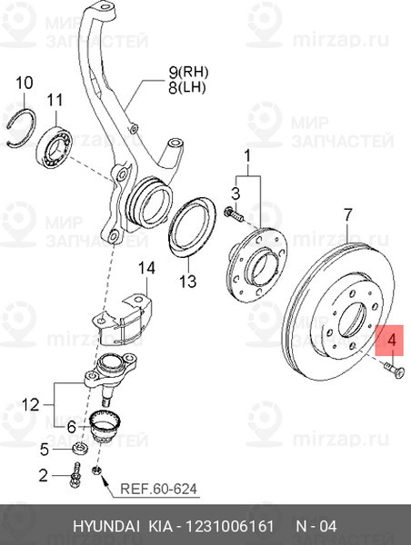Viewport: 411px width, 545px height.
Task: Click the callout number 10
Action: click(24, 84)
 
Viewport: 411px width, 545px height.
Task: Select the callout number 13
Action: click(186, 282)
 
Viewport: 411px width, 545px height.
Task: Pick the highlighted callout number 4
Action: click(392, 342)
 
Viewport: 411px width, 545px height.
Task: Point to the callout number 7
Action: click(346, 215)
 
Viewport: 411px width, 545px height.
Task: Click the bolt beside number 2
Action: click(75, 473)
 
